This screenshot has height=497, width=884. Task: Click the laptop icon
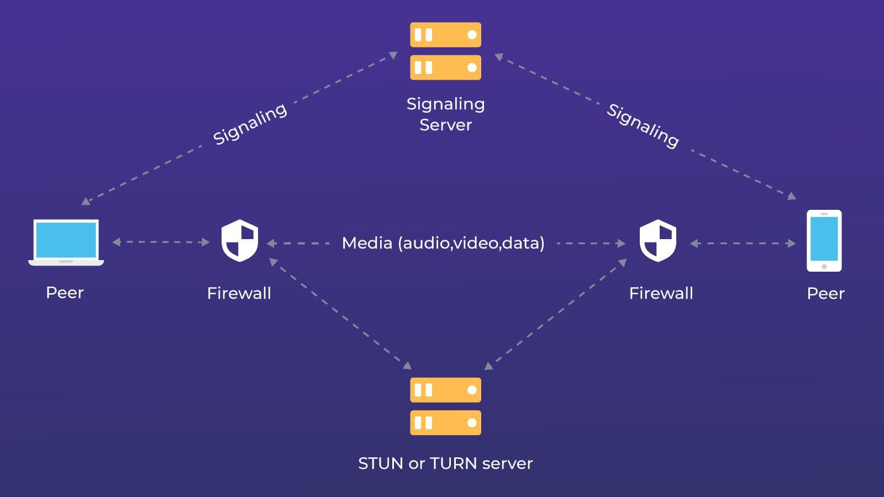pyautogui.click(x=66, y=242)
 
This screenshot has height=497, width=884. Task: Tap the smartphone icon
pyautogui.click(x=824, y=240)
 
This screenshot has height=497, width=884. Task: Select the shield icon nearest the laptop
pyautogui.click(x=239, y=240)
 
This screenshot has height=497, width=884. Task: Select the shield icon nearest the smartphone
pyautogui.click(x=657, y=240)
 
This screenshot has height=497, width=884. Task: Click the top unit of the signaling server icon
pyautogui.click(x=445, y=35)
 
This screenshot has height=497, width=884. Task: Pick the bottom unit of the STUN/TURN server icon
pyautogui.click(x=445, y=423)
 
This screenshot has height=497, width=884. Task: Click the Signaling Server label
pyautogui.click(x=445, y=114)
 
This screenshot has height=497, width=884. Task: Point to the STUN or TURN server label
pyautogui.click(x=445, y=463)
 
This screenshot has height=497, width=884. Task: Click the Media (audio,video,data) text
pyautogui.click(x=443, y=243)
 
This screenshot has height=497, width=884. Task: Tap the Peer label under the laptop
pyautogui.click(x=65, y=293)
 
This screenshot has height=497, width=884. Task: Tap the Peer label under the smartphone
pyautogui.click(x=825, y=293)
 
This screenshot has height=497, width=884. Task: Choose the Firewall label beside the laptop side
pyautogui.click(x=239, y=293)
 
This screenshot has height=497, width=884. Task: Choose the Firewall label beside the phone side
pyautogui.click(x=661, y=293)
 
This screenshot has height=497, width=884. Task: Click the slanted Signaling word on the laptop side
pyautogui.click(x=250, y=124)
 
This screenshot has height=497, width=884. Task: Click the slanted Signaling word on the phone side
pyautogui.click(x=643, y=125)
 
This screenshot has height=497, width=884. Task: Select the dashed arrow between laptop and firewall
pyautogui.click(x=161, y=242)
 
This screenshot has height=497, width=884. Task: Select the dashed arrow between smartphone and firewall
pyautogui.click(x=743, y=243)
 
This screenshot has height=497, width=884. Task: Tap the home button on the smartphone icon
pyautogui.click(x=824, y=267)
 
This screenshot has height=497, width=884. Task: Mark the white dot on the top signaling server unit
pyautogui.click(x=472, y=35)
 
